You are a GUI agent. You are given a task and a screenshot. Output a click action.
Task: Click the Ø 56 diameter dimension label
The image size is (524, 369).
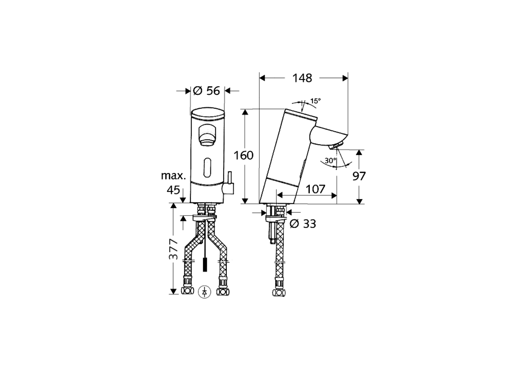point(207,91)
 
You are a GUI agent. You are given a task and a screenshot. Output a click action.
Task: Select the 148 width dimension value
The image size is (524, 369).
point(302,77)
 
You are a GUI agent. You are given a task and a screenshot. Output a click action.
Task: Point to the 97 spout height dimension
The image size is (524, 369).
point(359,176)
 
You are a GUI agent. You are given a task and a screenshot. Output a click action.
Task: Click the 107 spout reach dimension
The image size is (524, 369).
point(315,189)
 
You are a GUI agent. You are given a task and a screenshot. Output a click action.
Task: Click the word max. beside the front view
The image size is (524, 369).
point(173,176)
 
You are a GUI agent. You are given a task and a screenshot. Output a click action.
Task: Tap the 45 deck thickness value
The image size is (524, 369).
point(174,190)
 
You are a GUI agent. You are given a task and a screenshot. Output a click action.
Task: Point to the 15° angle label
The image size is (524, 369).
point(315,100)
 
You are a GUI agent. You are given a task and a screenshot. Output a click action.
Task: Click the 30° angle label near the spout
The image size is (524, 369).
point(330,161)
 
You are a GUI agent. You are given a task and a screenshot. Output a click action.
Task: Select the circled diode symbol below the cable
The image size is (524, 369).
point(204,292)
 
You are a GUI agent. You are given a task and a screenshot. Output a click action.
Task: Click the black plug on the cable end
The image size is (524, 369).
point(204,265)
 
